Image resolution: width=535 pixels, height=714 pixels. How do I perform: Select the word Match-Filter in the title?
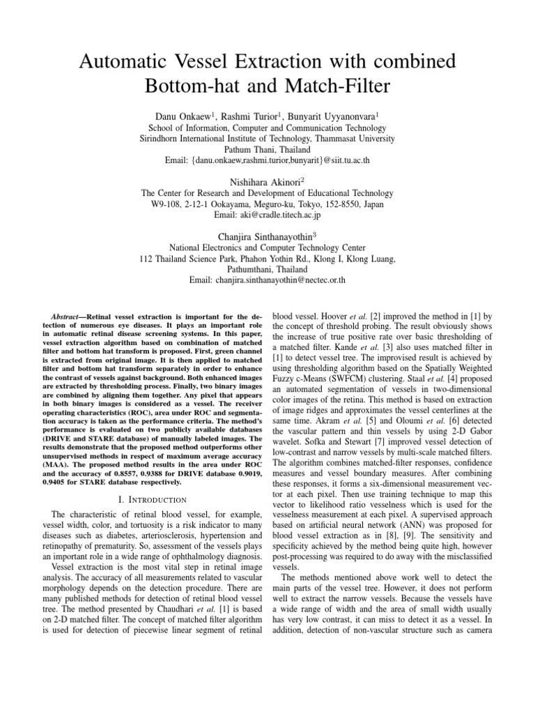tap(339, 89)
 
